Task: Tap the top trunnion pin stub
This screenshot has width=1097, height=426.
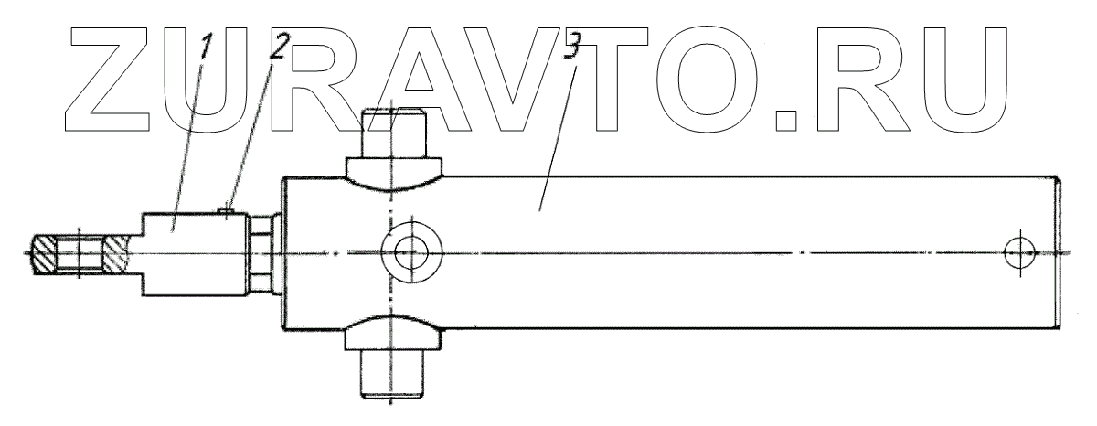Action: [x=394, y=132]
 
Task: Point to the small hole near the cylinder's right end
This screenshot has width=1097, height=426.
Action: [x=1017, y=251]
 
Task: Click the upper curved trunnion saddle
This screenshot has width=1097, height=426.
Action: [x=394, y=173]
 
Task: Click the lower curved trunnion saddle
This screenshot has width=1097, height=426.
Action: [x=394, y=335]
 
